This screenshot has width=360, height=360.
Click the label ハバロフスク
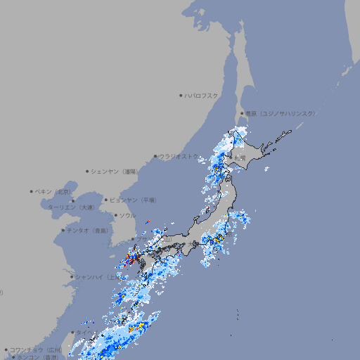202,95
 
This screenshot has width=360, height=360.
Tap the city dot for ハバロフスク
181,95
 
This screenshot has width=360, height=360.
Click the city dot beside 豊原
242,113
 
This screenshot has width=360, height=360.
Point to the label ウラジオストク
179,156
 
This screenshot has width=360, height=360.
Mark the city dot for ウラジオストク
155,156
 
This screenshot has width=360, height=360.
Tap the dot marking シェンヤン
87,171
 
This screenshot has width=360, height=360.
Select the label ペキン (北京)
54,191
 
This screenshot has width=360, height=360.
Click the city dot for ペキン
32,191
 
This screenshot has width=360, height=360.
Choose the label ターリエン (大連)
70,207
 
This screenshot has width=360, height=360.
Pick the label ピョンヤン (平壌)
134,200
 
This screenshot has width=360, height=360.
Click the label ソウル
127,215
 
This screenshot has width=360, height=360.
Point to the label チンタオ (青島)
88,230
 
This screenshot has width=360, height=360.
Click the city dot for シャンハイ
71,277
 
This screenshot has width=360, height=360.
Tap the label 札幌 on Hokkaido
240,158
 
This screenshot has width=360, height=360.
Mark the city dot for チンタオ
63,230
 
